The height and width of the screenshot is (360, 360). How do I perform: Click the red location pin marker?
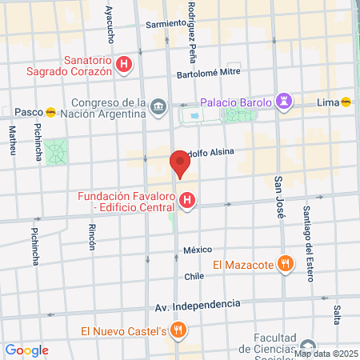(180, 164)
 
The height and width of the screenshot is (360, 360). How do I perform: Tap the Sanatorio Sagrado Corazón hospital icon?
(124, 65)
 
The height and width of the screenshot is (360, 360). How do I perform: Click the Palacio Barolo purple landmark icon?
(282, 102)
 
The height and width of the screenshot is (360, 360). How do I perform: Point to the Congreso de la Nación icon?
(158, 106)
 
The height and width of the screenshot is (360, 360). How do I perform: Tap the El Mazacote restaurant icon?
(283, 263)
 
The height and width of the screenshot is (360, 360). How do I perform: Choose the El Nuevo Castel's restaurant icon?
(180, 330)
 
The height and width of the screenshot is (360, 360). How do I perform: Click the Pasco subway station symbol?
(51, 112)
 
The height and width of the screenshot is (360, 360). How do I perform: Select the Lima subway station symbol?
(346, 102)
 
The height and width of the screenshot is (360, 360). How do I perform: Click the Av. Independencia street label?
(199, 305)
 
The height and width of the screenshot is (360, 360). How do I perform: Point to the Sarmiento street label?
(166, 25)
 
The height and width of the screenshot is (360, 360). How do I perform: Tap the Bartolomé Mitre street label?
(208, 72)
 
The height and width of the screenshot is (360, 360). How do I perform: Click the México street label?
(198, 250)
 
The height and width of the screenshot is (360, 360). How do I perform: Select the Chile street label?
(194, 276)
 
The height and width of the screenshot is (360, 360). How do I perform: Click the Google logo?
(26, 350)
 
